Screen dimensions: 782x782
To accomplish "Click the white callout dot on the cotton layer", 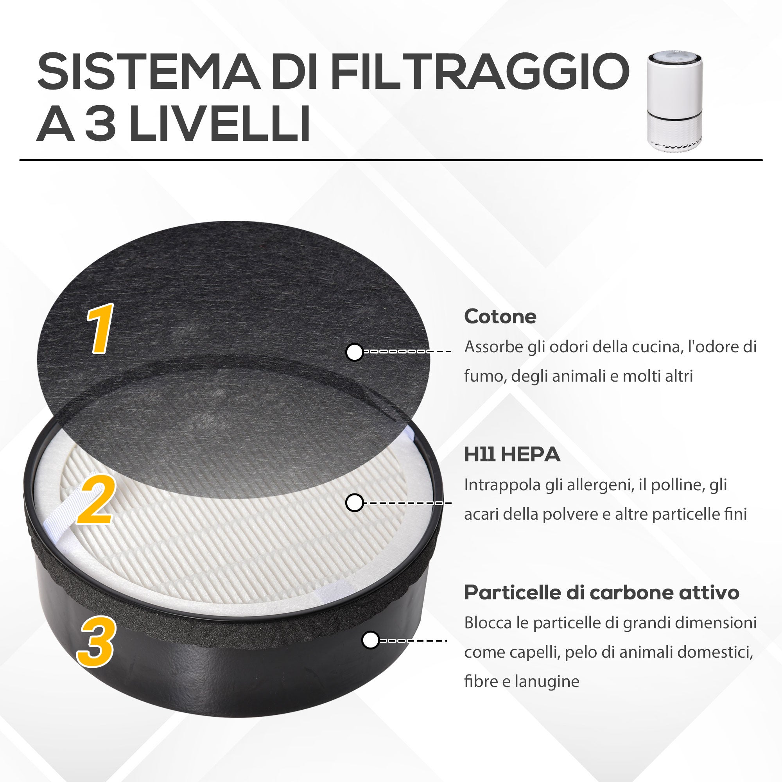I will (355, 352).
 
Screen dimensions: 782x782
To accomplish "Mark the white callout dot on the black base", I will (370, 640).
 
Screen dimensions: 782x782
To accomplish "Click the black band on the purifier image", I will (674, 116).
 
